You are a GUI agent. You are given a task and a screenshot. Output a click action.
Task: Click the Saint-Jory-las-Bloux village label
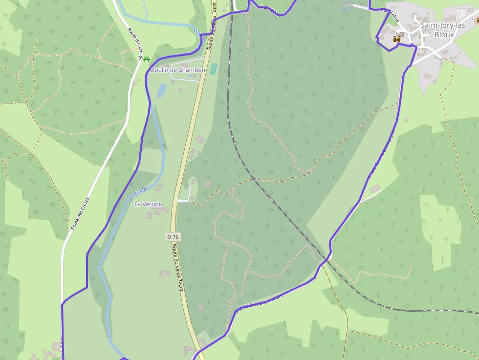tap(444, 30)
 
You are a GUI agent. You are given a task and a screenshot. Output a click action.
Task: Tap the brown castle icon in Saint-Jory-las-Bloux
tap(397, 38)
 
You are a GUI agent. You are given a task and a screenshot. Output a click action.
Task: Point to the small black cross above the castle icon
tap(396, 33)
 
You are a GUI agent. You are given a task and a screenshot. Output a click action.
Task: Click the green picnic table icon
tap(146, 59)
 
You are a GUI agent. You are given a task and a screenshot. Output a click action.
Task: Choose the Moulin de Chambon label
tap(177, 70)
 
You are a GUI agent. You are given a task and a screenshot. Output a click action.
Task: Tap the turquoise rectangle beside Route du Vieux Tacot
tap(214, 68)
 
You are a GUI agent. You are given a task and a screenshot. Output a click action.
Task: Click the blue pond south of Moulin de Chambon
tap(161, 90)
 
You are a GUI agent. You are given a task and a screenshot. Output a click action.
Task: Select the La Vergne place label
tap(148, 204)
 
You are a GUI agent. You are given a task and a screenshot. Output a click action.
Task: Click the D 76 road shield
tap(173, 237)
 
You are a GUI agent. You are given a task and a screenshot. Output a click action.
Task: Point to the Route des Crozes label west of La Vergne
tap(81, 213)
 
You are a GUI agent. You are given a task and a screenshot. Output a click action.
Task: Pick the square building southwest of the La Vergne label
tap(149, 215)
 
